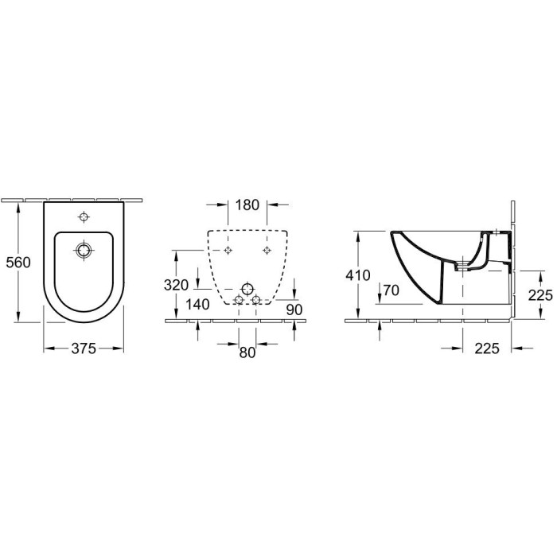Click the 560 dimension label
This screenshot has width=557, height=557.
[18, 263]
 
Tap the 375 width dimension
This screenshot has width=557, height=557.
[84, 349]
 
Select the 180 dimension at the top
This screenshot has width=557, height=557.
[247, 205]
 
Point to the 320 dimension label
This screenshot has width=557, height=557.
[176, 285]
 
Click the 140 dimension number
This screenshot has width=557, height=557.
[198, 305]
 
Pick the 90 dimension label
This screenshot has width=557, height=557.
[294, 310]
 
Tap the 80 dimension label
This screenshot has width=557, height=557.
[247, 353]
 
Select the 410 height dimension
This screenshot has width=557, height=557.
[358, 275]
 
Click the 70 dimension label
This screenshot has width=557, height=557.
[391, 290]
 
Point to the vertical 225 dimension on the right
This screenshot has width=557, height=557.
[540, 295]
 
